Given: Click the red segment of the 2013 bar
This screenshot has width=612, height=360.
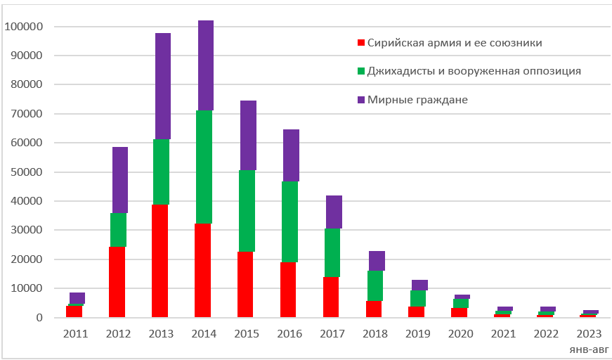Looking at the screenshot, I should click(x=162, y=260).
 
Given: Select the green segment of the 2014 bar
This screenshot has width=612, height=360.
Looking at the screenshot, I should click(x=204, y=167).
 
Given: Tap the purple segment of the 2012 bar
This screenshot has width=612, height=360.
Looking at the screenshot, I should click(x=119, y=179).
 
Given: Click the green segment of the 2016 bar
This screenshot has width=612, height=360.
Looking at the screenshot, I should click(x=290, y=221).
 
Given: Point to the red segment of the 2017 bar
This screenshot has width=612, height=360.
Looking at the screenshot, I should click(x=332, y=297).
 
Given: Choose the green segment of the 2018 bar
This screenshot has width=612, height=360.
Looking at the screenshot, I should click(x=376, y=285).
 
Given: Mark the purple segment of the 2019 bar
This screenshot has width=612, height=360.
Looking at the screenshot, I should click(x=419, y=285).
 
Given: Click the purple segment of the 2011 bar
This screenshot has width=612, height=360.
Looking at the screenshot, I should click(x=77, y=298).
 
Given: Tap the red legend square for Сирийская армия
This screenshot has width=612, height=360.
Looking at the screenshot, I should click(x=361, y=43).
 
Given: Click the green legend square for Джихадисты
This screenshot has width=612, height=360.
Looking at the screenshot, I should click(x=361, y=71).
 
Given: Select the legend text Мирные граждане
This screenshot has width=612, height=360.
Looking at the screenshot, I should click(x=417, y=100).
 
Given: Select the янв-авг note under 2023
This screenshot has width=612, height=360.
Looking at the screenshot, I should click(x=590, y=348).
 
